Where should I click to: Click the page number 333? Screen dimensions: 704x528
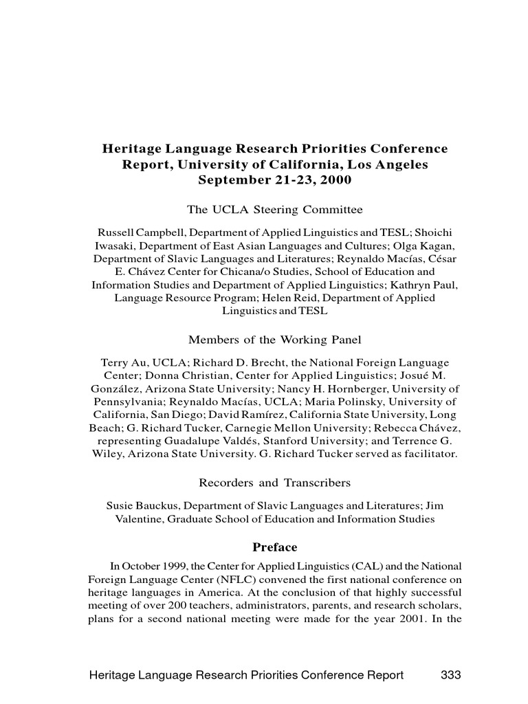(450, 674)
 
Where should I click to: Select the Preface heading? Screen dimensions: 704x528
(274, 547)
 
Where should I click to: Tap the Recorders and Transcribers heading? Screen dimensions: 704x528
(274, 483)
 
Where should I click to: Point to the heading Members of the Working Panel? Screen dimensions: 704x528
(274, 340)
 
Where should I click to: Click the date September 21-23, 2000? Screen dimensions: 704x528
(274, 180)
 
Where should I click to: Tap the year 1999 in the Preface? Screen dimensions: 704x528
(175, 566)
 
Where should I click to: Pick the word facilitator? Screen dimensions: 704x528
(429, 454)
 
